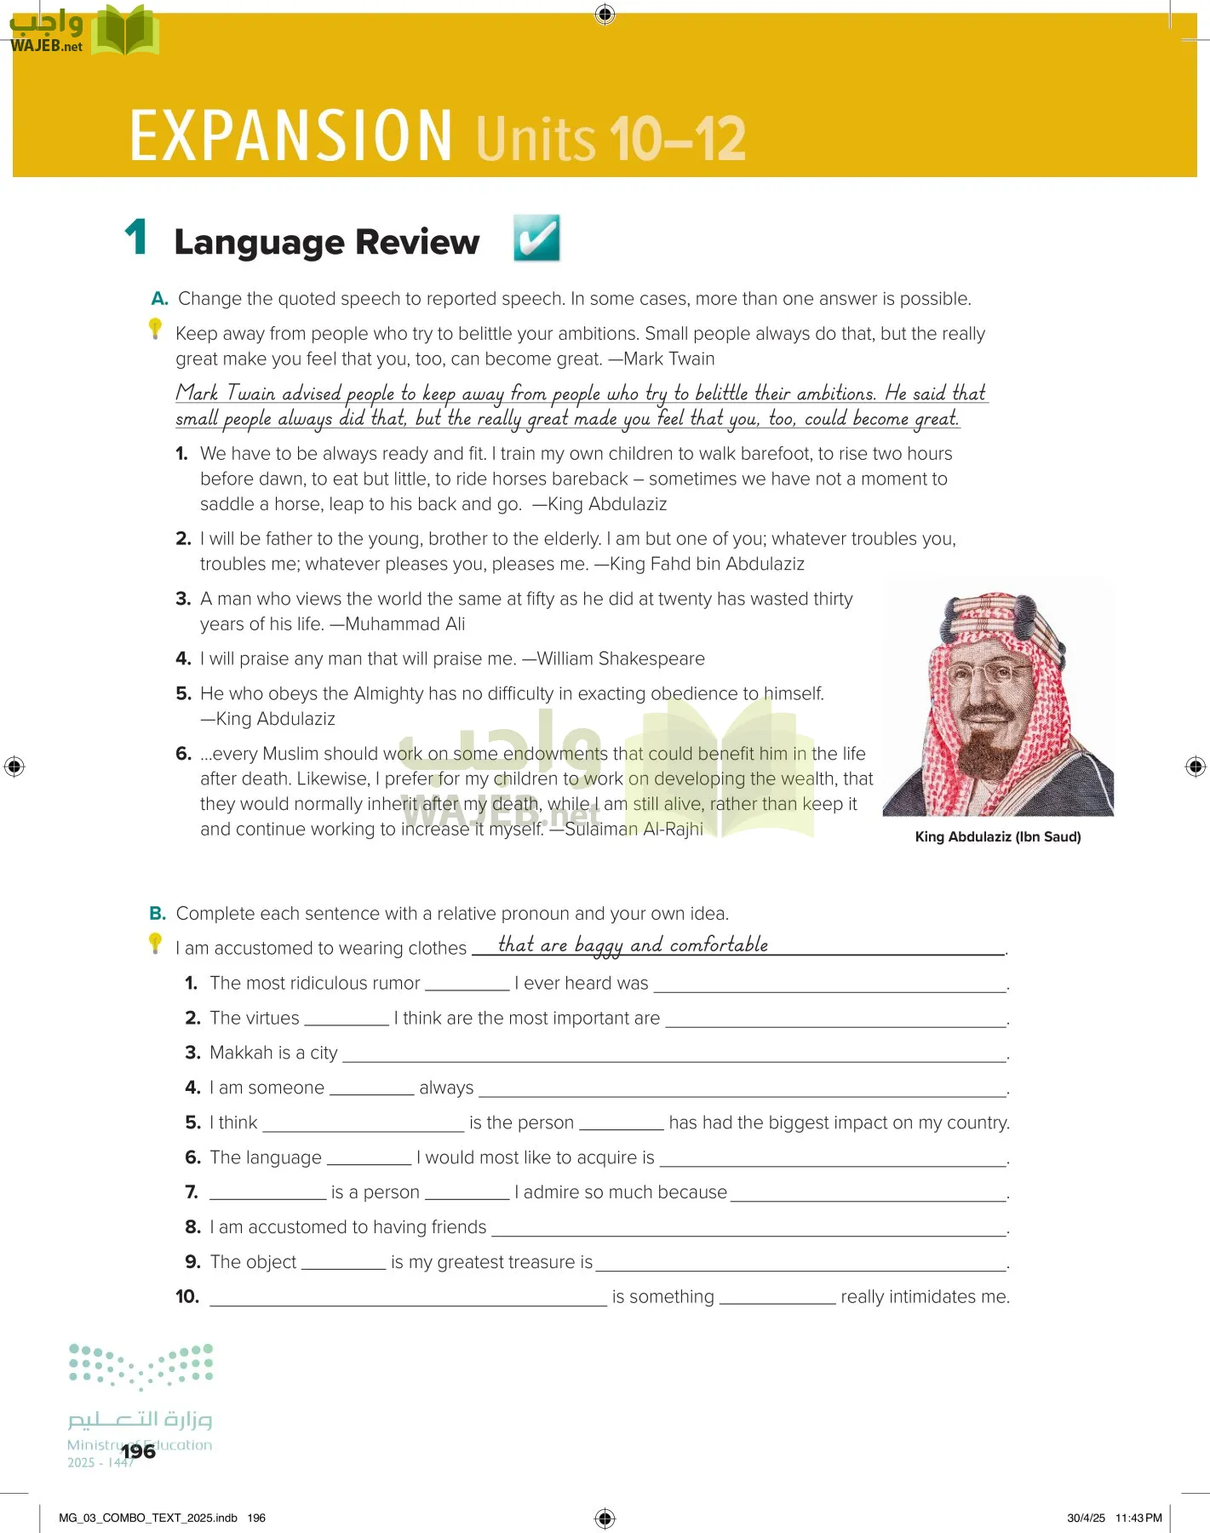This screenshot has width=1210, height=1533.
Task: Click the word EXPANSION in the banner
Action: [290, 135]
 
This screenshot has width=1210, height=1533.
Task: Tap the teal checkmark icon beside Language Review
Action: [536, 238]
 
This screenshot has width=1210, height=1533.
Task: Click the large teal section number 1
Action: [136, 238]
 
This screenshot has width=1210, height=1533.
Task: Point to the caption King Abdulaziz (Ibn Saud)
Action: [997, 836]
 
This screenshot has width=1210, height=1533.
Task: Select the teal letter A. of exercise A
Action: [159, 299]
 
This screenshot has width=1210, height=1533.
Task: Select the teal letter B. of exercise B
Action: [158, 914]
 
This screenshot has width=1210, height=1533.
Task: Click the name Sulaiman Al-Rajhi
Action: [634, 830]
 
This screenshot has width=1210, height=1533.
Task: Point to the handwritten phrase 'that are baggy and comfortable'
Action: [633, 944]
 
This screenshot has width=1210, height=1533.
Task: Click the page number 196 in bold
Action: [138, 1451]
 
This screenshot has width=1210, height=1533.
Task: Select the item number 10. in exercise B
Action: [187, 1297]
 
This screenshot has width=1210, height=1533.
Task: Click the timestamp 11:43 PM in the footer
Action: [1138, 1518]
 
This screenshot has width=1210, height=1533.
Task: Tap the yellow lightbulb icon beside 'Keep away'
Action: [155, 328]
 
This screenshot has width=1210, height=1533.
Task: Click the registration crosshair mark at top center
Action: [605, 14]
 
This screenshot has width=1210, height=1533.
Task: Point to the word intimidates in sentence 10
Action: [933, 1297]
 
